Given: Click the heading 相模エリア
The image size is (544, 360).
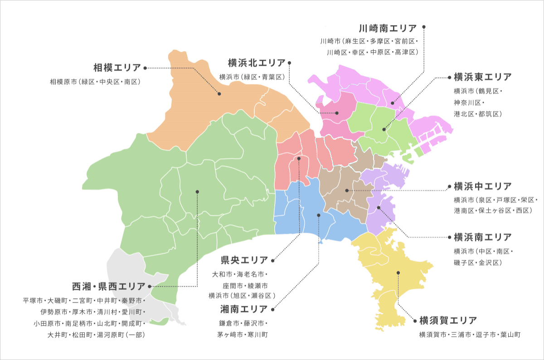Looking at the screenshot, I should click(117, 68).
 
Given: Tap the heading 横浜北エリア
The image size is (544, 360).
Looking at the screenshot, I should click(257, 63).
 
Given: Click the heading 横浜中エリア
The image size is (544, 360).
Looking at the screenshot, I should click(482, 186).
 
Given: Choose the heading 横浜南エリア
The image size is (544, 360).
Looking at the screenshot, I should click(482, 237).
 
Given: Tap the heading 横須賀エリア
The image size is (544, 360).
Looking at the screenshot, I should click(448, 321).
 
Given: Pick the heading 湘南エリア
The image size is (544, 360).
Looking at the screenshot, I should click(244, 310).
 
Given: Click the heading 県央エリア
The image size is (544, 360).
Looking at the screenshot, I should click(244, 260).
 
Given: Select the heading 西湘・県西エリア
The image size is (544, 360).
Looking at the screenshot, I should click(109, 287).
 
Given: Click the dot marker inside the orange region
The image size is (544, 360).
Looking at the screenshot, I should click(219, 94).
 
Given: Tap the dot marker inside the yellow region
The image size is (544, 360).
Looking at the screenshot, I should click(398, 272).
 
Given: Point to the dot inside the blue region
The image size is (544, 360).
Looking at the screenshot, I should click(319, 215).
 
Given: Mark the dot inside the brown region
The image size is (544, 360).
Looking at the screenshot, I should click(347, 190).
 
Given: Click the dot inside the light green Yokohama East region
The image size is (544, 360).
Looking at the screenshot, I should click(384, 130).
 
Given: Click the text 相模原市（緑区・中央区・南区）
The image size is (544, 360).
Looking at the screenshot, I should click(95, 82).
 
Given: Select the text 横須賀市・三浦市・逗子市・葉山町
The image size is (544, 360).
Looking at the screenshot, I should click(470, 335).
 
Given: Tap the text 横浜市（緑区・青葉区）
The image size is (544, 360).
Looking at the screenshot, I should click(252, 77).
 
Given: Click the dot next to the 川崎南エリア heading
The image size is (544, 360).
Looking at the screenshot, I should click(424, 27).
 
